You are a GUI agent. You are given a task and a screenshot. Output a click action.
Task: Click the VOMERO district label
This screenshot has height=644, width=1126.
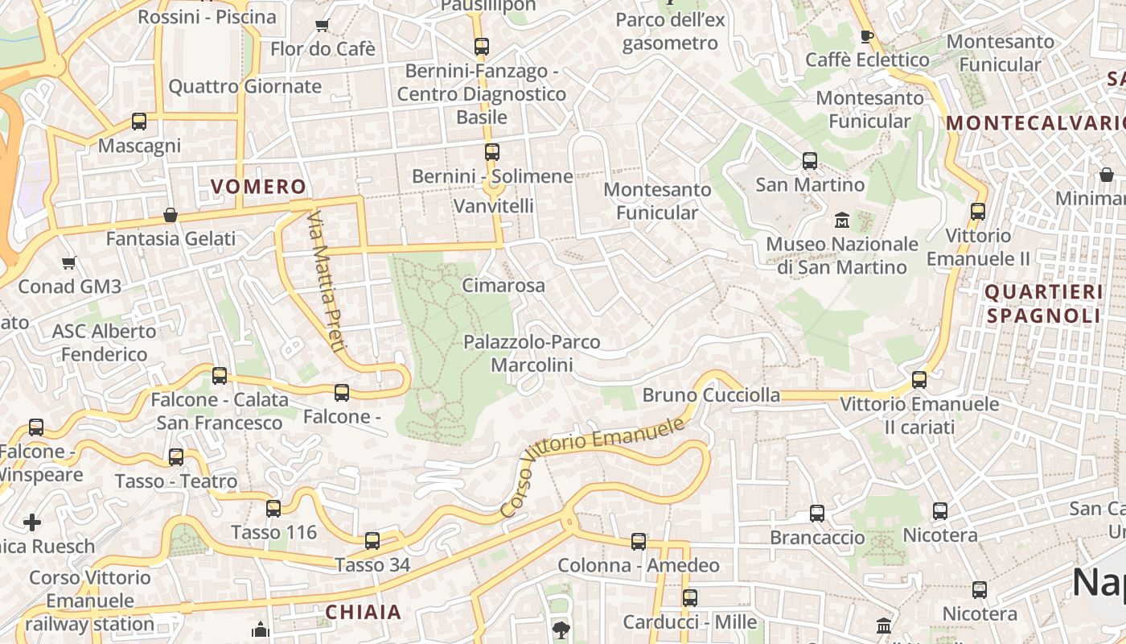pyautogui.click(x=258, y=187)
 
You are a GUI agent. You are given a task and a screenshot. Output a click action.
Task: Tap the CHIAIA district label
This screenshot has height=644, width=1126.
pyautogui.click(x=363, y=612)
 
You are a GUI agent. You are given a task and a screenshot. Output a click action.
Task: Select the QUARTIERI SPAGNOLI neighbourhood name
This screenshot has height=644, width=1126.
pyautogui.click(x=1043, y=303)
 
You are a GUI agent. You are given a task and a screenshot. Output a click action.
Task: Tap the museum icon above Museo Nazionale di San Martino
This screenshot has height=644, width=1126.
pyautogui.click(x=842, y=220)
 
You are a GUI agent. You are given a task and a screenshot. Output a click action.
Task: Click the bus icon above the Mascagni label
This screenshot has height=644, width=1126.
pyautogui.click(x=139, y=122)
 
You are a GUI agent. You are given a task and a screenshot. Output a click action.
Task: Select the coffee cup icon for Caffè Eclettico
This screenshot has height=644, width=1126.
pyautogui.click(x=866, y=36)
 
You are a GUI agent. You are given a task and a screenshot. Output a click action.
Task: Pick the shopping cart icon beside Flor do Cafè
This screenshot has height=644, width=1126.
pyautogui.click(x=322, y=25)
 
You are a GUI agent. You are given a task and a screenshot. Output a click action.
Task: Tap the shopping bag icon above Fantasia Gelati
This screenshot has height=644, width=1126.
pyautogui.click(x=171, y=215)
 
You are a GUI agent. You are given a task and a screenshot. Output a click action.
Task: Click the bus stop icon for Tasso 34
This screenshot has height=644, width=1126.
pyautogui.click(x=372, y=540)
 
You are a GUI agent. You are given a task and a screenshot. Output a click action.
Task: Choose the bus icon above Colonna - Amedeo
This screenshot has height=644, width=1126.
pyautogui.click(x=638, y=542)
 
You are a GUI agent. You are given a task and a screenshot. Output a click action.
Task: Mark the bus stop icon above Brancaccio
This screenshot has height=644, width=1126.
pyautogui.click(x=817, y=513)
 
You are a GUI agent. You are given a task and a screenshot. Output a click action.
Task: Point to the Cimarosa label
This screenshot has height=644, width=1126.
pyautogui.click(x=503, y=285)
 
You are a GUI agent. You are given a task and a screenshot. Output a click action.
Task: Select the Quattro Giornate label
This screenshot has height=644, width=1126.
pyautogui.click(x=245, y=86)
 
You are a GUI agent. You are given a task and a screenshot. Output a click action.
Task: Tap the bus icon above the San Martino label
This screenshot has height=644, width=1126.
pyautogui.click(x=810, y=161)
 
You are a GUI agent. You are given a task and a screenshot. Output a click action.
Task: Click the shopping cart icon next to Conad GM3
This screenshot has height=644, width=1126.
pyautogui.click(x=69, y=262)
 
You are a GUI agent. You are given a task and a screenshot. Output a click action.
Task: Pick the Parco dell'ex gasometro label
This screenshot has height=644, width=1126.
pyautogui.click(x=670, y=31)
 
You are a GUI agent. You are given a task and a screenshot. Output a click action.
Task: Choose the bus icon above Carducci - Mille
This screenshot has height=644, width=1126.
pyautogui.click(x=689, y=598)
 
